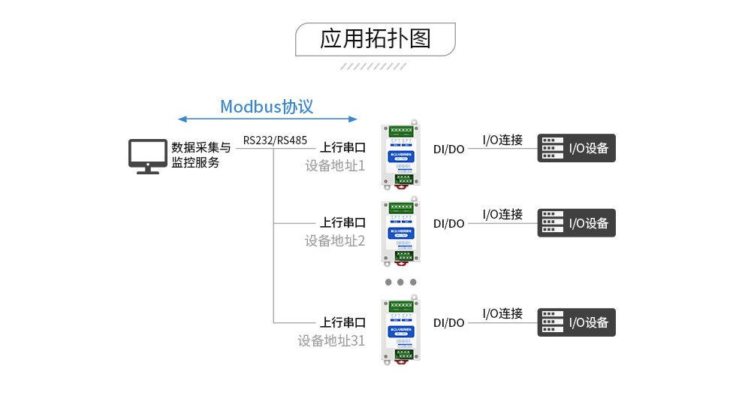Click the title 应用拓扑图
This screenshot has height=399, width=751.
tap(375, 38)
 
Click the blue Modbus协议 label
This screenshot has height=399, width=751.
tap(267, 107)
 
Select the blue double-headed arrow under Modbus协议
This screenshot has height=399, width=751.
tap(267, 119)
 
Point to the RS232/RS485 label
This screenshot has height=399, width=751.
tap(275, 140)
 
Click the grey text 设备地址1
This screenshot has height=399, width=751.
tap(334, 165)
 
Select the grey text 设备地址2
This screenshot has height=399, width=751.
tap(334, 240)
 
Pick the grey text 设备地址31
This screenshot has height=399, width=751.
tap(331, 340)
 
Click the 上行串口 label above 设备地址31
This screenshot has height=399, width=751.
tap(342, 322)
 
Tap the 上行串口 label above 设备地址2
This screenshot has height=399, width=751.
tap(342, 222)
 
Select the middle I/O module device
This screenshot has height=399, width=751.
tap(400, 231)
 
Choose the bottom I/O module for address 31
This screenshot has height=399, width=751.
tap(400, 331)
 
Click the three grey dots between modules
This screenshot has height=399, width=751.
tap(400, 283)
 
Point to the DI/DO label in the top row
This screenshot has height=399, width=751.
tap(449, 149)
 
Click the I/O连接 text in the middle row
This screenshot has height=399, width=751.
tap(502, 214)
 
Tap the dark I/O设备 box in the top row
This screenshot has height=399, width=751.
tap(576, 148)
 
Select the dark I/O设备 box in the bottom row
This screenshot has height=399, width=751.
tap(576, 322)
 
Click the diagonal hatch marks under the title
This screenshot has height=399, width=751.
tap(374, 66)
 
